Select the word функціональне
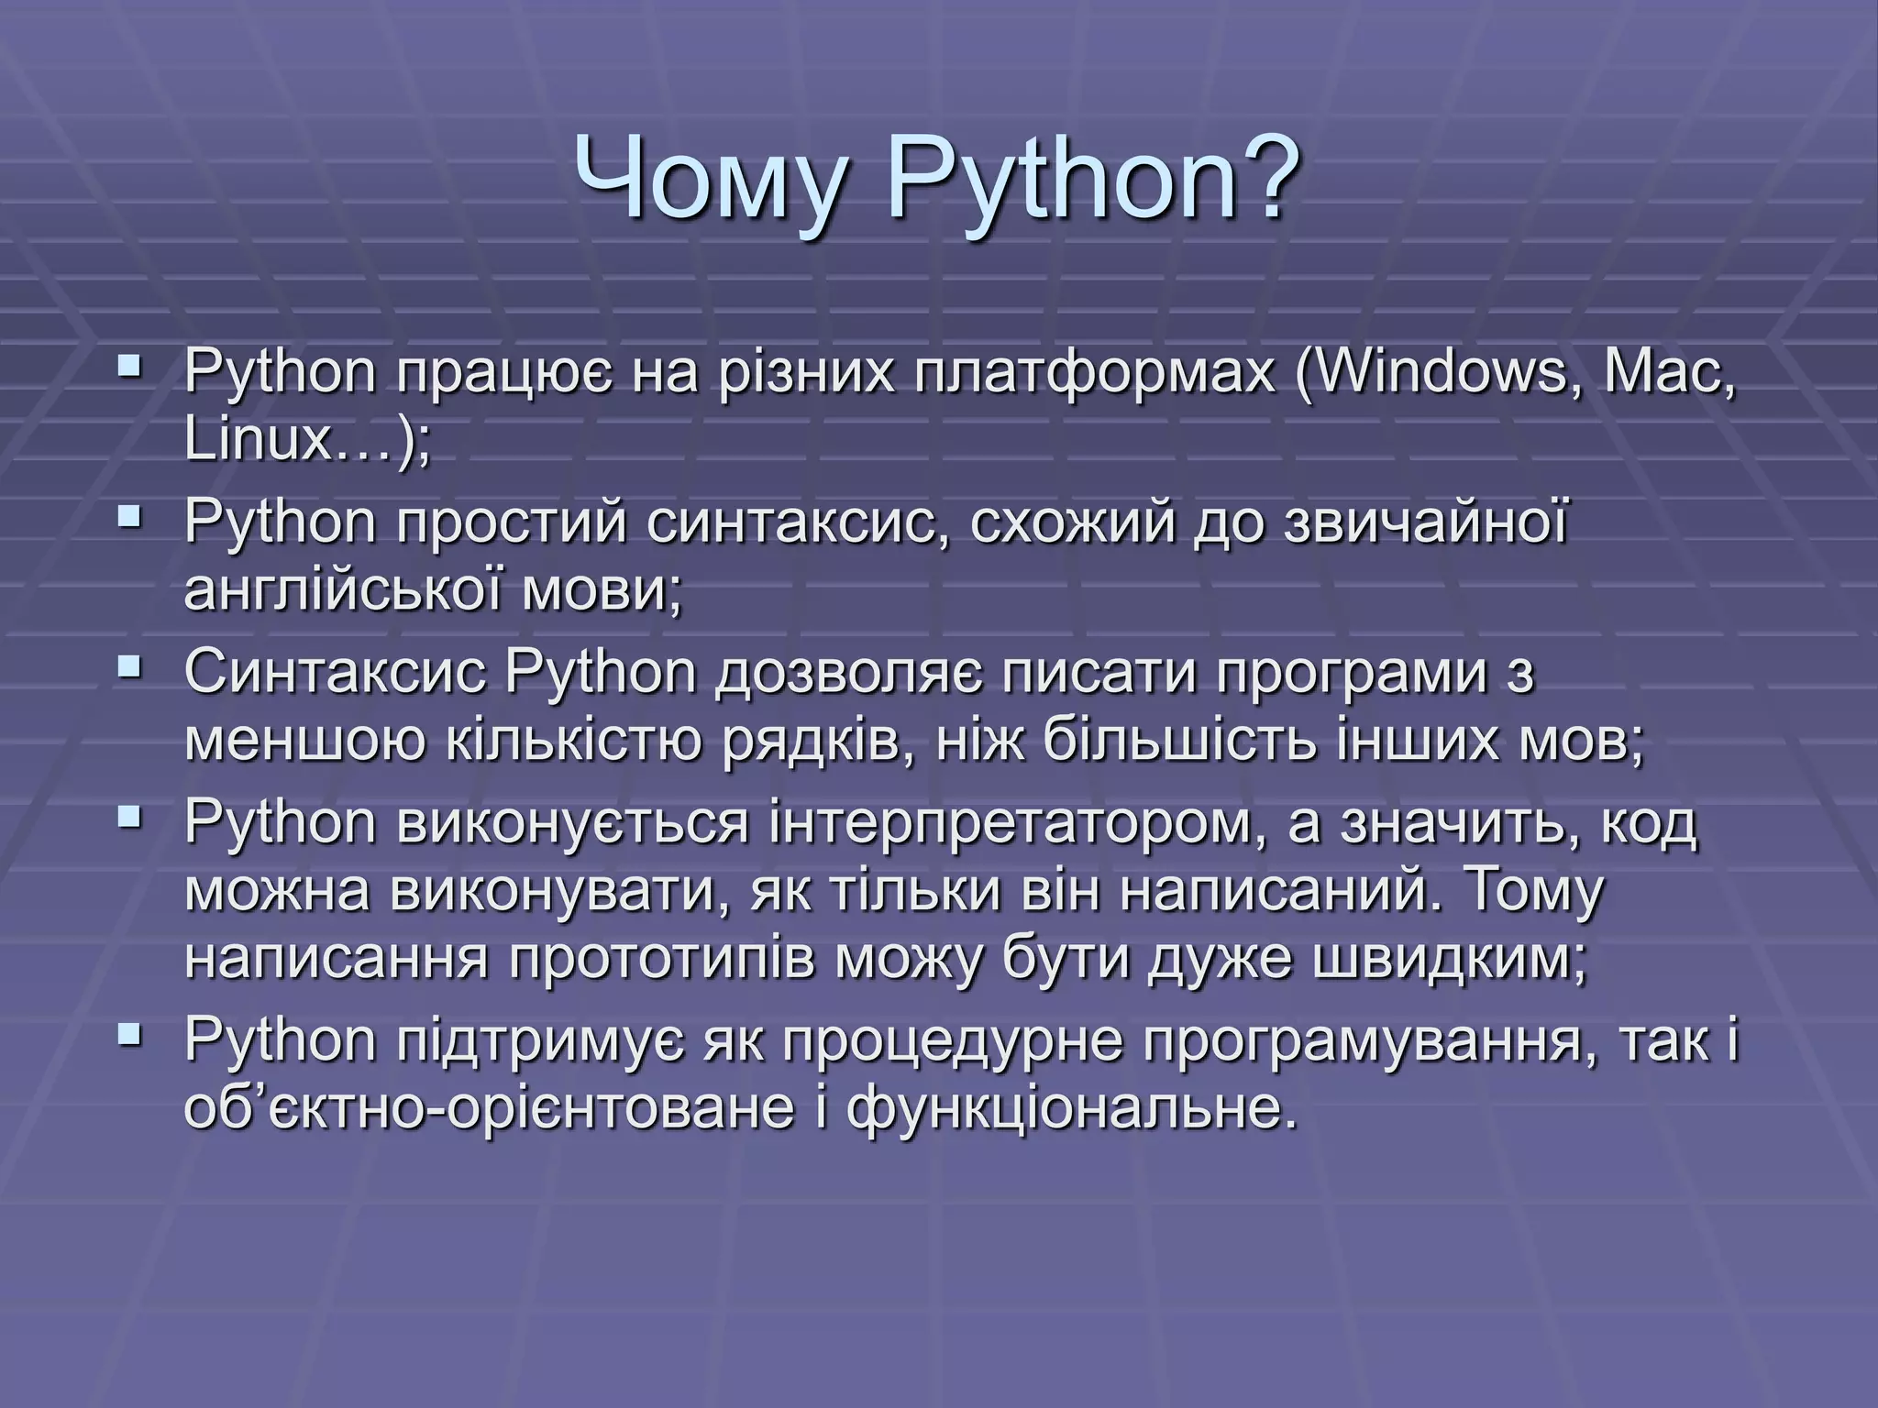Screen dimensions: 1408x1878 1070,1108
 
